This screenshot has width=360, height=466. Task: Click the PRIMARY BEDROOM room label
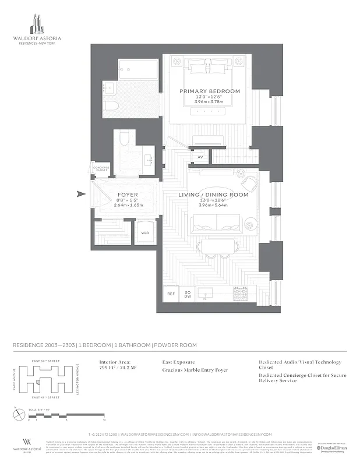tap(210, 91)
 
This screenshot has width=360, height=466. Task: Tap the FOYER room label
tap(128, 195)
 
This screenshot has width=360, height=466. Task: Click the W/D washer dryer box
tap(144, 233)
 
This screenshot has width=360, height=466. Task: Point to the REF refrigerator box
tap(171, 294)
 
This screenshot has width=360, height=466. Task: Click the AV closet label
tap(200, 157)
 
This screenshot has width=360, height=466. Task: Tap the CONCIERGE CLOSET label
tap(102, 169)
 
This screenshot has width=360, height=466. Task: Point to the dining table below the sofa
tap(215, 245)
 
